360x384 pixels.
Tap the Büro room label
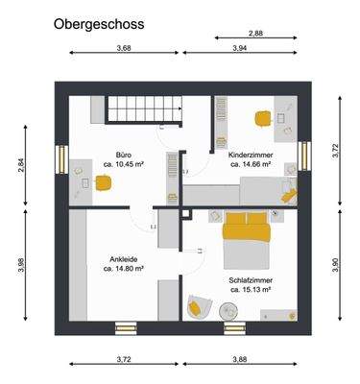[123, 154]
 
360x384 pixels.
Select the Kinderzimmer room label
[251, 154]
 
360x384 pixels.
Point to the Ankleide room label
[123, 258]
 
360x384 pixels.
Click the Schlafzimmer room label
[250, 277]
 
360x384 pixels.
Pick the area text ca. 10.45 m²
[123, 164]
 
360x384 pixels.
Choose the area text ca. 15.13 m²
[250, 288]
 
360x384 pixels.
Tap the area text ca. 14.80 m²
[123, 269]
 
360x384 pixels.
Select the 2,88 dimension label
[255, 34]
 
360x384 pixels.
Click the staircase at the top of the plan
[140, 109]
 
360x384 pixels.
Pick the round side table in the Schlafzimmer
[231, 310]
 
